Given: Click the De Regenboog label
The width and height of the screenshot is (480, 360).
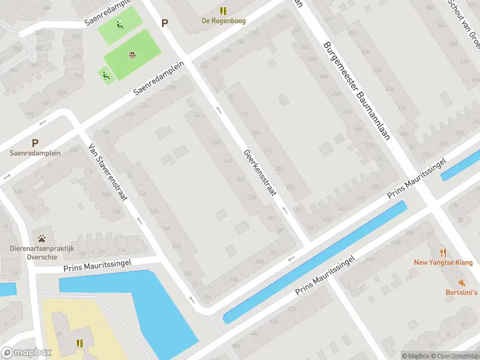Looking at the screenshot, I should (223, 20).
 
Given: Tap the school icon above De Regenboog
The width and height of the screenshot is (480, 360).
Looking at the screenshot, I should (223, 10).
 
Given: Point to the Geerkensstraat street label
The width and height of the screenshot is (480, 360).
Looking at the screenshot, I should (259, 173).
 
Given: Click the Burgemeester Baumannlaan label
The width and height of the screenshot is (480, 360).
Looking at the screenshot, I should (356, 91).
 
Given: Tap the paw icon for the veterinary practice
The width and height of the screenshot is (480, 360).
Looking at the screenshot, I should (41, 239).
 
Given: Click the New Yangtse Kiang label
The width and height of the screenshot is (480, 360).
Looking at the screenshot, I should (443, 262).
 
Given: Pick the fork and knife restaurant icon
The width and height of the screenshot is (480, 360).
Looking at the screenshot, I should (443, 252).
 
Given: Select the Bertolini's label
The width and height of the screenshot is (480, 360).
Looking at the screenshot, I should (461, 292).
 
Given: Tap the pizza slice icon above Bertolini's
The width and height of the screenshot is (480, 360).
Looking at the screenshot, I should (461, 282).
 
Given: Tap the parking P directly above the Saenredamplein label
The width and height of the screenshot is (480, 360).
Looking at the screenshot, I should (35, 143).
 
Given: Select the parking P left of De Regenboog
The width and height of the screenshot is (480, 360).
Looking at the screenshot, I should (164, 23).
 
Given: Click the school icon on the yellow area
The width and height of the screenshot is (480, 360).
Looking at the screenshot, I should (79, 343).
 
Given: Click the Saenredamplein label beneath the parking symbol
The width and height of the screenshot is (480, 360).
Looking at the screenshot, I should (35, 153).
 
